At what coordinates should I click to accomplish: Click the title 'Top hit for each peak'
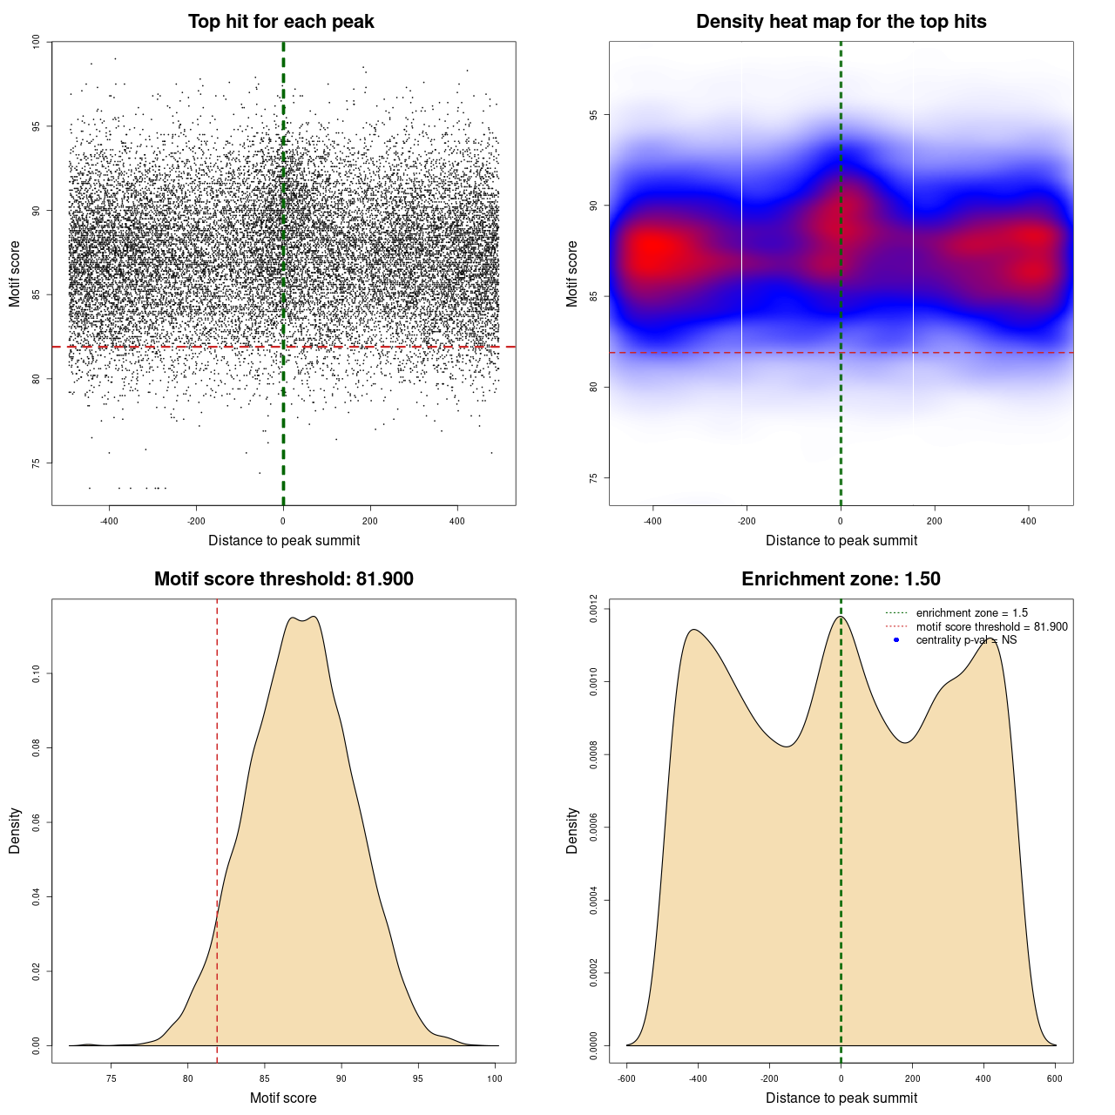(280, 22)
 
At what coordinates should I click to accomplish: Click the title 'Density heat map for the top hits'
(841, 22)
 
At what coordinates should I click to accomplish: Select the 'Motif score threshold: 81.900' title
(283, 579)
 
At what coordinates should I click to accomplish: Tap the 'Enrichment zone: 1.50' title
(841, 579)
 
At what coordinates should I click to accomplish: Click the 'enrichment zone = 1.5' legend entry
(971, 613)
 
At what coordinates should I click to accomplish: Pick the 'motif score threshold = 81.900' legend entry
(991, 627)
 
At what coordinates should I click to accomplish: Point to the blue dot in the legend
(896, 640)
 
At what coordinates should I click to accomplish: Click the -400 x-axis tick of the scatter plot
(109, 521)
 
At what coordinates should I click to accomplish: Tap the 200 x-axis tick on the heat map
(934, 521)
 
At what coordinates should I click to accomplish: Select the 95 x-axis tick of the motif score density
(419, 1078)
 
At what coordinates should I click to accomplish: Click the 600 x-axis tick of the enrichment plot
(1055, 1078)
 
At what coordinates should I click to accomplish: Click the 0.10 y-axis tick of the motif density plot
(36, 673)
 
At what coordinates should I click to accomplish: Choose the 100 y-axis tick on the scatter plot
(36, 42)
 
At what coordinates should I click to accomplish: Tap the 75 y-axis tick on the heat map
(593, 478)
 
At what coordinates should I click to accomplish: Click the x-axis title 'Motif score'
(283, 1098)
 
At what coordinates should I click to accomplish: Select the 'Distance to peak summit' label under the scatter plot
(284, 540)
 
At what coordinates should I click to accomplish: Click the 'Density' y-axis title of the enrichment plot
(572, 830)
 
